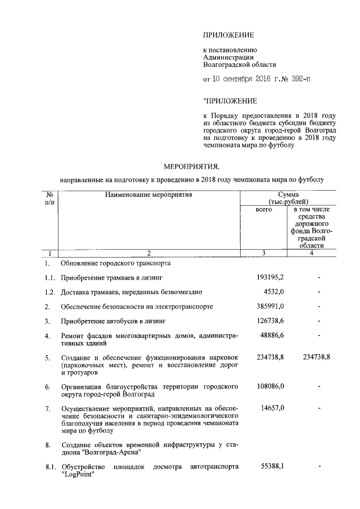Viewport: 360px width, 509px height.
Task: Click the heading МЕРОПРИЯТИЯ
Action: pos(190,167)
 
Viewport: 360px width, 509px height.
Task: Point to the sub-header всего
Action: pos(264,209)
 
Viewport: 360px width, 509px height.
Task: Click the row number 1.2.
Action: pos(50,292)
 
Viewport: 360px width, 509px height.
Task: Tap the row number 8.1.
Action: pos(50,467)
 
